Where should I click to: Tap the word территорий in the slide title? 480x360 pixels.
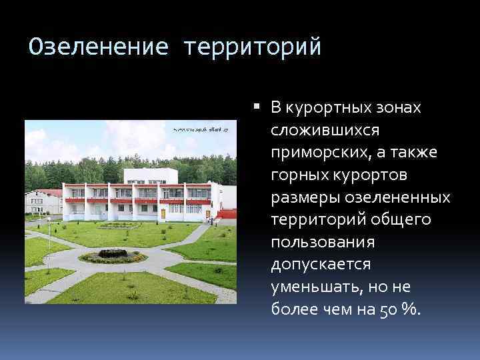[x=253, y=47]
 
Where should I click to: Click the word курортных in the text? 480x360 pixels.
[x=319, y=108]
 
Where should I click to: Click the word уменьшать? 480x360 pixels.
[x=307, y=287]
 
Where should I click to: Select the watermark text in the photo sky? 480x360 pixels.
[x=200, y=129]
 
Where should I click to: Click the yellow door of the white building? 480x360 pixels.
[x=163, y=213]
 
